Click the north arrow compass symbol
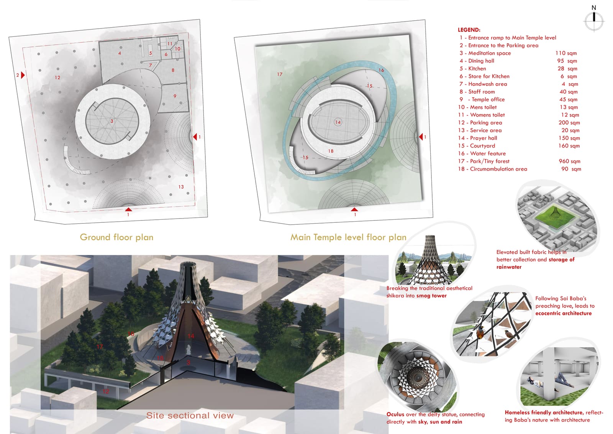pos(594,21)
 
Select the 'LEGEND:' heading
pos(469,30)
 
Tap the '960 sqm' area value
pos(569,161)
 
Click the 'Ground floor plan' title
pos(116,237)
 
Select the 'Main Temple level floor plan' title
pos(348,237)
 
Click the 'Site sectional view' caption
pos(190,415)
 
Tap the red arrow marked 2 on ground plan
pos(23,75)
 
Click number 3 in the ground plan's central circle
pos(111,121)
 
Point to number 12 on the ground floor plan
pos(57,77)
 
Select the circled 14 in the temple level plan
pos(338,122)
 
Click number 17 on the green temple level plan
pos(279,74)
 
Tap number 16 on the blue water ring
pos(381,70)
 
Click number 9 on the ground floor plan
pos(175,96)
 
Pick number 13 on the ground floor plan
pos(181,187)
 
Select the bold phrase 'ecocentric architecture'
pos(564,313)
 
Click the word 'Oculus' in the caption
pos(395,414)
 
